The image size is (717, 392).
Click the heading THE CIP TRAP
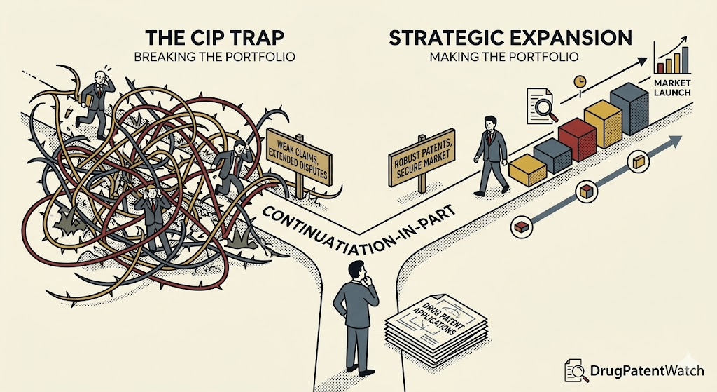[x=214, y=38]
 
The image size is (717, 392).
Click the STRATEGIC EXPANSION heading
[x=510, y=38]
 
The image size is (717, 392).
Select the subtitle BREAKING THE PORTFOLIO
[x=214, y=58]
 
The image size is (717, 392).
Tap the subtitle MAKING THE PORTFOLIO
[x=504, y=58]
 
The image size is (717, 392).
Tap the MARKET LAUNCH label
[x=672, y=88]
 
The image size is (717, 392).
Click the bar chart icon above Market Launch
[x=672, y=56]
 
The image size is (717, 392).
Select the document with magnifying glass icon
[x=542, y=106]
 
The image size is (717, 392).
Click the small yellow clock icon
[x=580, y=81]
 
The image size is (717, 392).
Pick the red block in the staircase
[x=577, y=140]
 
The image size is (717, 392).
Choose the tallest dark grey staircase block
[x=629, y=108]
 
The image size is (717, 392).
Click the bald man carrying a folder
[x=94, y=98]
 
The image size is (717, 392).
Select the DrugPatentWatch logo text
[x=646, y=370]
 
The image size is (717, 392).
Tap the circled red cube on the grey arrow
[x=521, y=227]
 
